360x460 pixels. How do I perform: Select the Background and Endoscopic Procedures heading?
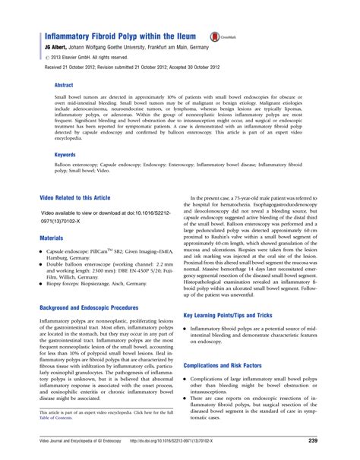pyautogui.click(x=90, y=307)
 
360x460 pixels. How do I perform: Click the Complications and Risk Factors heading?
pyautogui.click(x=235, y=365)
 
